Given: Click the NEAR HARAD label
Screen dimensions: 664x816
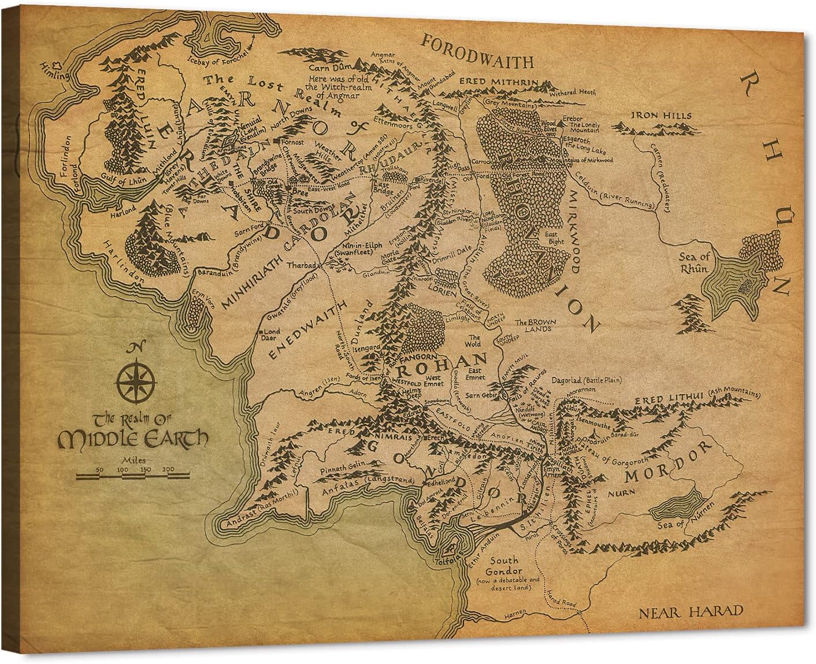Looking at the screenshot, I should point(691,612).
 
